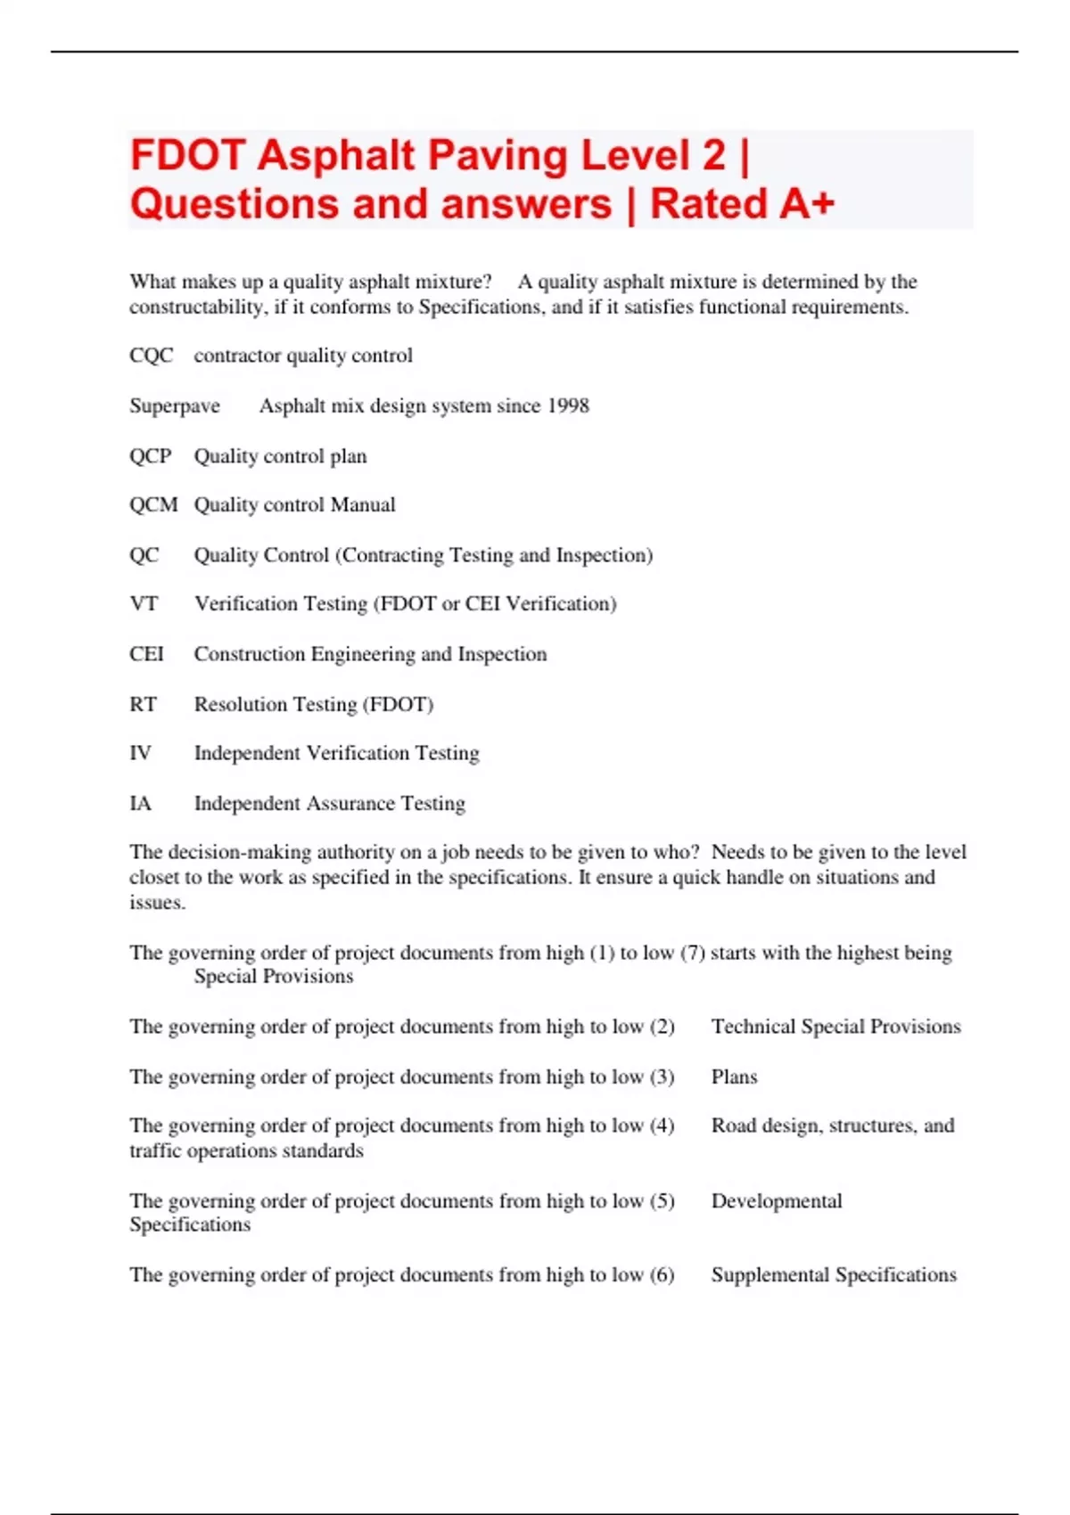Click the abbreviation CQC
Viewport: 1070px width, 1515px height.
coord(151,356)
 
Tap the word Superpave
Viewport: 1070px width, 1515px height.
coord(175,406)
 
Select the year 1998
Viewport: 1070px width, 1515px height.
coord(568,406)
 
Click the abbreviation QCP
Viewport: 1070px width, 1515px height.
coord(150,456)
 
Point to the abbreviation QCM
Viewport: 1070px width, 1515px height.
coord(153,505)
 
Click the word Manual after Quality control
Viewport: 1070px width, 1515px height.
coord(363,505)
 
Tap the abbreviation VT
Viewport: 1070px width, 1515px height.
coord(144,604)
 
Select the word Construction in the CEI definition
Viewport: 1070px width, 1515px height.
coord(250,654)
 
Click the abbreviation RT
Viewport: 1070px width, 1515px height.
coord(143,705)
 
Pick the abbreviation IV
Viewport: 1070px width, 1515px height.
coord(140,754)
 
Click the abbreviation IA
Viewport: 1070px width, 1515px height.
coord(140,804)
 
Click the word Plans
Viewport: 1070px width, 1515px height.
coord(734,1077)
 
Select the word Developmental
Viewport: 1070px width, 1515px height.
coord(776,1201)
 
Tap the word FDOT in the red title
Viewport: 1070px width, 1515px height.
coord(187,156)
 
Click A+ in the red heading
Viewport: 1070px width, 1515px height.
coord(808,204)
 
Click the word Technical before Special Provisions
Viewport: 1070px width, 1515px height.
coord(753,1027)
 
